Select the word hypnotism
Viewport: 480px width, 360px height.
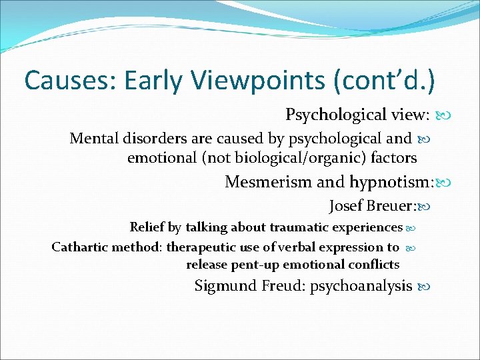pos(392,182)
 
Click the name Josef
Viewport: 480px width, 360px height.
pos(346,206)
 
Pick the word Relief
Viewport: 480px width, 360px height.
pos(146,227)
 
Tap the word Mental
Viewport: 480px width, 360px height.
pos(93,139)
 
